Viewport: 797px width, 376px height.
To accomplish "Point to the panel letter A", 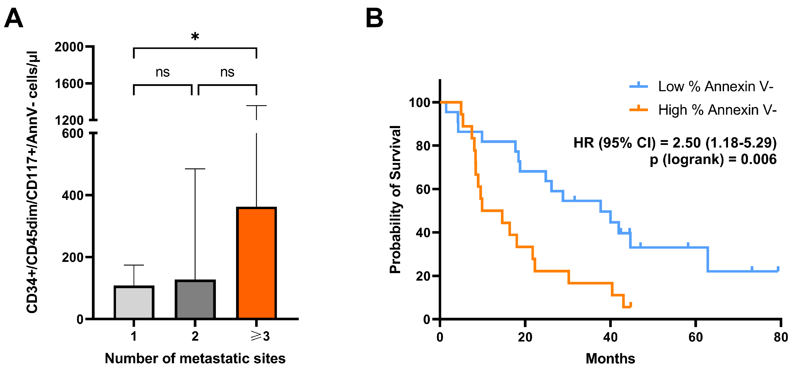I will click(14, 18).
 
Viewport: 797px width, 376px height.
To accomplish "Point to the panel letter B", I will click(374, 18).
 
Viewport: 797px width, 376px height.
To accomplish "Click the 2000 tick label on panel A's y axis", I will click(69, 47).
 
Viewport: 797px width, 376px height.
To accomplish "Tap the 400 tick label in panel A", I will click(72, 195).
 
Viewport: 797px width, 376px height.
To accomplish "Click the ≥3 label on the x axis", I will click(260, 336).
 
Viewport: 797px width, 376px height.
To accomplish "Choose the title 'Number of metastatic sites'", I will click(195, 358).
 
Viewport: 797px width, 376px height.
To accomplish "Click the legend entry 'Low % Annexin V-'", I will click(715, 86).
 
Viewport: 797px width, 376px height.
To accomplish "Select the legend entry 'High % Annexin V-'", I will click(717, 110).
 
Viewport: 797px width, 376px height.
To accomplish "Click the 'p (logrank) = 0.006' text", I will click(713, 159).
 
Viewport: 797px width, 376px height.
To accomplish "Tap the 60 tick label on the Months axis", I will click(696, 337).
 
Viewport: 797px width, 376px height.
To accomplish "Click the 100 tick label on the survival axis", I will click(419, 103).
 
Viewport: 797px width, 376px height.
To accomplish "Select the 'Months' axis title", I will click(610, 358).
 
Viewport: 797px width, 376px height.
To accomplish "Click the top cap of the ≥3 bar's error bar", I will click(256, 106).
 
